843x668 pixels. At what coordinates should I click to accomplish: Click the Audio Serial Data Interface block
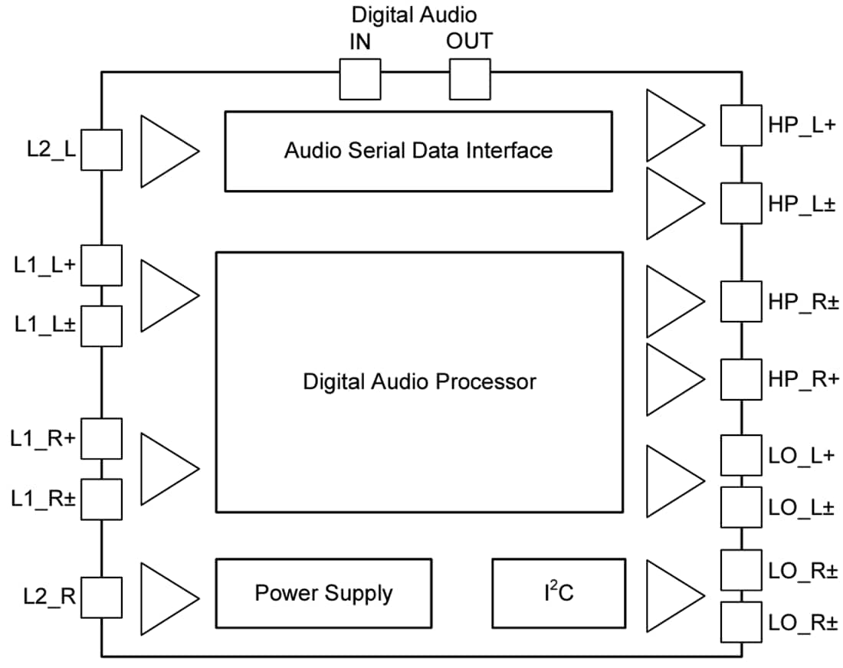[x=418, y=151]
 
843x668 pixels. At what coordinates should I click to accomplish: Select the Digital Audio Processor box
[x=419, y=381]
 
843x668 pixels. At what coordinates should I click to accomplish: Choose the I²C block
[x=558, y=594]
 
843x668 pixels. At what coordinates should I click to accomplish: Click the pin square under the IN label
[x=359, y=80]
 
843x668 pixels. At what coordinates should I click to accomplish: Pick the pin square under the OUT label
[x=469, y=80]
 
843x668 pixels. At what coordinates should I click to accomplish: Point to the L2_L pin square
[x=101, y=149]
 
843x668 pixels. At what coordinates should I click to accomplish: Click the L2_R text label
[x=49, y=594]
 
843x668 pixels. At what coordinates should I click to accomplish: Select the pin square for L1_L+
[x=101, y=265]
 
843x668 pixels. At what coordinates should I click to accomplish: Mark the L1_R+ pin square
[x=101, y=438]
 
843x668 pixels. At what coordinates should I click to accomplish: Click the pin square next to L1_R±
[x=101, y=499]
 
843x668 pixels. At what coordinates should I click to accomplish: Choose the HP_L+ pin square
[x=741, y=125]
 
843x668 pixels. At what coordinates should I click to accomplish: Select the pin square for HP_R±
[x=741, y=302]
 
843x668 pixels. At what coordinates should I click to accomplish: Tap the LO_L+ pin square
[x=741, y=456]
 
